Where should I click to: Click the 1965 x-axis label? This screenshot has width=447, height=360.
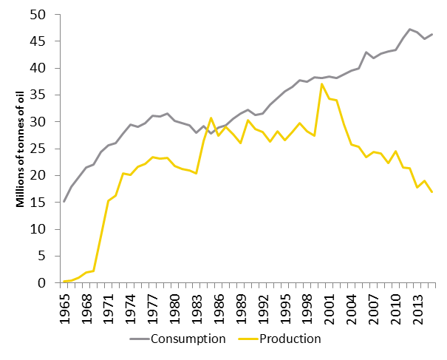click(65, 305)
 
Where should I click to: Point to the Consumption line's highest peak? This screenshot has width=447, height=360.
click(410, 30)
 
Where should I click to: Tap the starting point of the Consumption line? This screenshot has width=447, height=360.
click(64, 201)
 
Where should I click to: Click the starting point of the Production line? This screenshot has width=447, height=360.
click(64, 281)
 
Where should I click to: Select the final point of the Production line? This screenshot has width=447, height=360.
click(432, 192)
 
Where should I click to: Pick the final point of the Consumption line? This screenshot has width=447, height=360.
click(432, 34)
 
